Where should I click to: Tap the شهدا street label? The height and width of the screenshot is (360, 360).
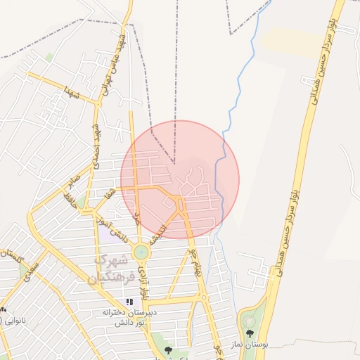pyautogui.click(x=75, y=94)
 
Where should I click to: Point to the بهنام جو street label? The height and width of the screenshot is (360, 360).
pyautogui.click(x=195, y=260)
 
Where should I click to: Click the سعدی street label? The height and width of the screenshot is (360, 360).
pyautogui.click(x=29, y=271)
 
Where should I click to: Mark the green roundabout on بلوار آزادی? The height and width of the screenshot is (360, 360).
pyautogui.click(x=141, y=251)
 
